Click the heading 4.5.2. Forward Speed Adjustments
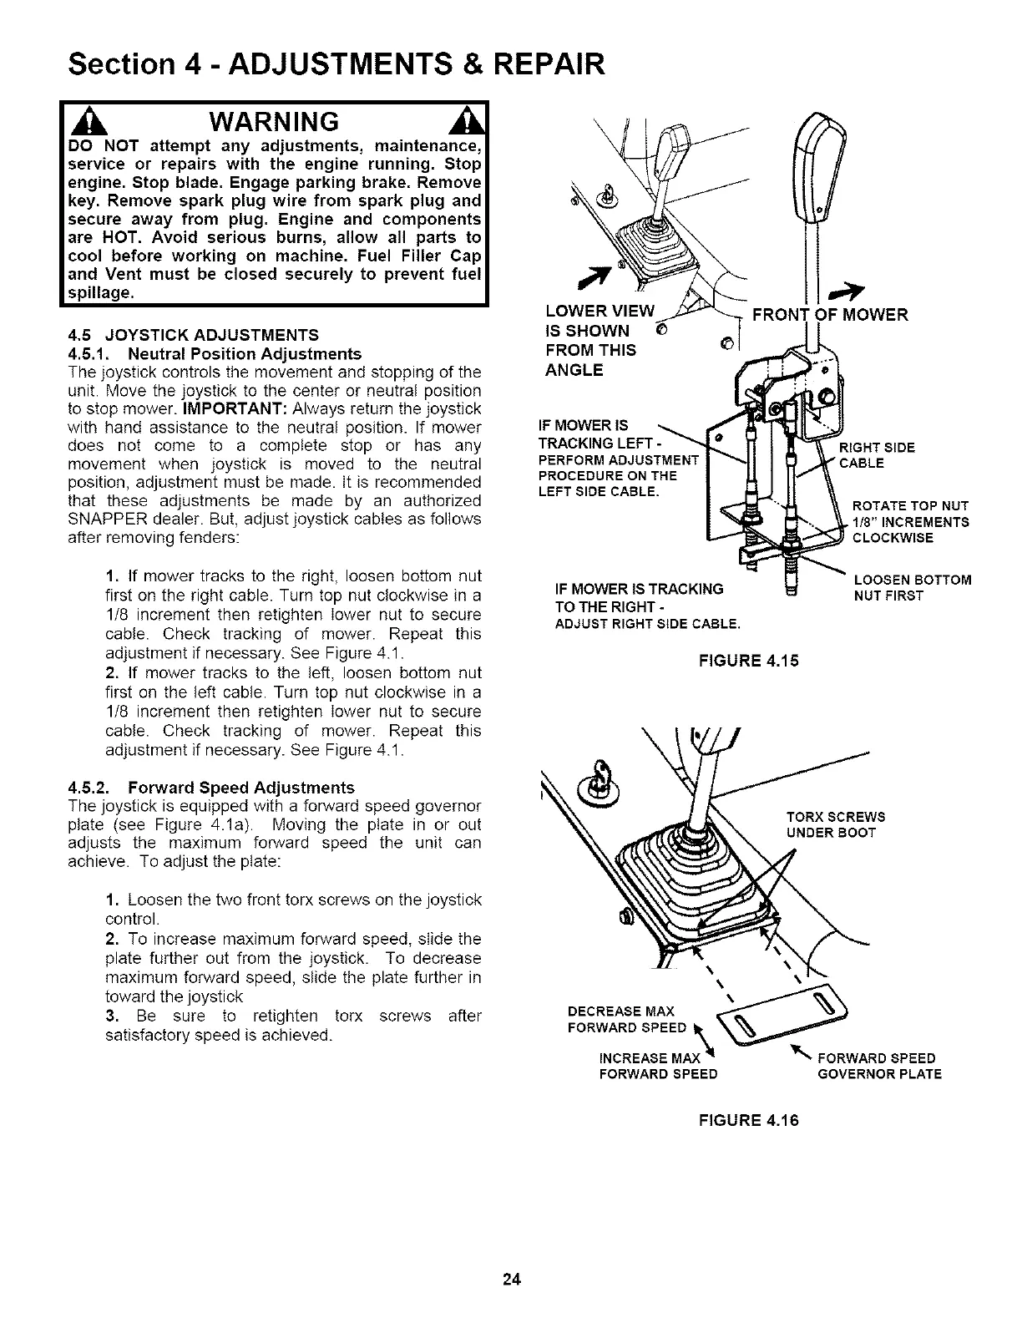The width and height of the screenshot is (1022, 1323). click(x=210, y=788)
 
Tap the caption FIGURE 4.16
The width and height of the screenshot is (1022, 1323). click(x=748, y=1120)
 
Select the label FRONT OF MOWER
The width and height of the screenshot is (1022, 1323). click(x=829, y=316)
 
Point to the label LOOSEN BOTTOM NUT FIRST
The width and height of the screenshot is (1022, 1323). click(x=912, y=588)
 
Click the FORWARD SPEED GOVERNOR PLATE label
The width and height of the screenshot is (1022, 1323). click(x=878, y=1066)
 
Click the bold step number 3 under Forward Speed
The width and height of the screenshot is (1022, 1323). click(x=111, y=1016)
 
